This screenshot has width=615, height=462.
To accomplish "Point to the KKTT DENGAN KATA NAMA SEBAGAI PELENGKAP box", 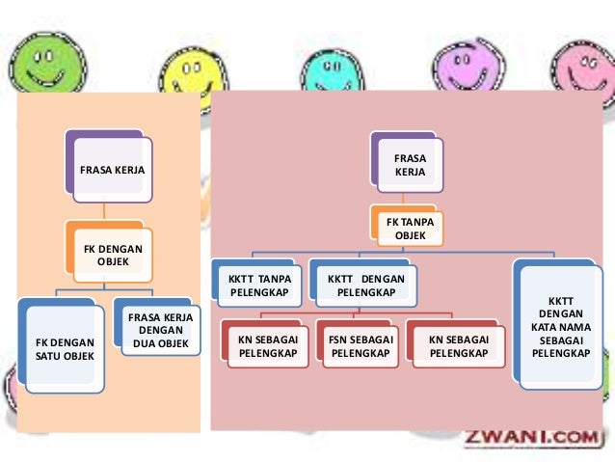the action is point(558,327).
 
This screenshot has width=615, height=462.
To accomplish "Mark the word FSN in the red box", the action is point(337,340).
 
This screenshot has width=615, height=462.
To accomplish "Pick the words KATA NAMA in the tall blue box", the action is point(559,327).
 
